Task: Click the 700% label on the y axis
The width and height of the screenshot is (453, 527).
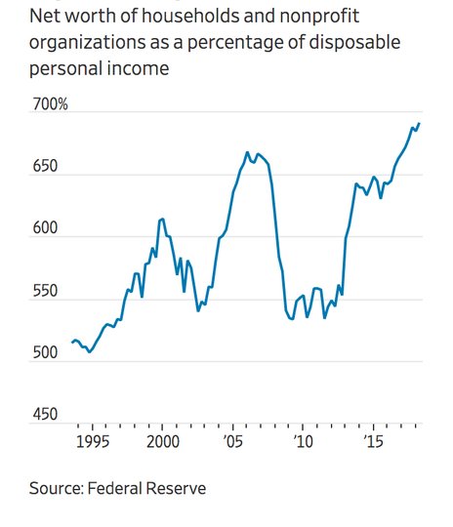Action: pos(50,104)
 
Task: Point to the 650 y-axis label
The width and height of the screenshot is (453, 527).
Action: pos(45,166)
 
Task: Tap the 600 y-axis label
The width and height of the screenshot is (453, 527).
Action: pos(45,228)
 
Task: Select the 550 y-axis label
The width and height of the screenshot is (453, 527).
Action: pos(45,291)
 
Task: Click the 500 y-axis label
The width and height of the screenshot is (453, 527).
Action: pos(45,353)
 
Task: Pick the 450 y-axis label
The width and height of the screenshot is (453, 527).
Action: pos(45,415)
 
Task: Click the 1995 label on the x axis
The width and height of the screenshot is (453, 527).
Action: pos(93,442)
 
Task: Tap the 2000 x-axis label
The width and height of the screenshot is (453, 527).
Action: pos(163,442)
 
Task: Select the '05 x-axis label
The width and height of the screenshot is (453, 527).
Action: pos(233,442)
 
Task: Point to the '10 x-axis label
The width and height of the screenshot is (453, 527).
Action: pos(304,442)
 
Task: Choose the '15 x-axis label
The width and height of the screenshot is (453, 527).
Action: pos(374,442)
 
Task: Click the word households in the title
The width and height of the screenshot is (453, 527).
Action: pos(191,17)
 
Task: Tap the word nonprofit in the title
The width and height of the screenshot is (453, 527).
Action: pos(319,18)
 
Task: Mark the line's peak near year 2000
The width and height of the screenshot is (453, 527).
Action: pos(163,220)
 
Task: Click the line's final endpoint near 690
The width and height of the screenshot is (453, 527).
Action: pos(419,124)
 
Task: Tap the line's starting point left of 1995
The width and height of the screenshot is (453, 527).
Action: pos(72,343)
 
